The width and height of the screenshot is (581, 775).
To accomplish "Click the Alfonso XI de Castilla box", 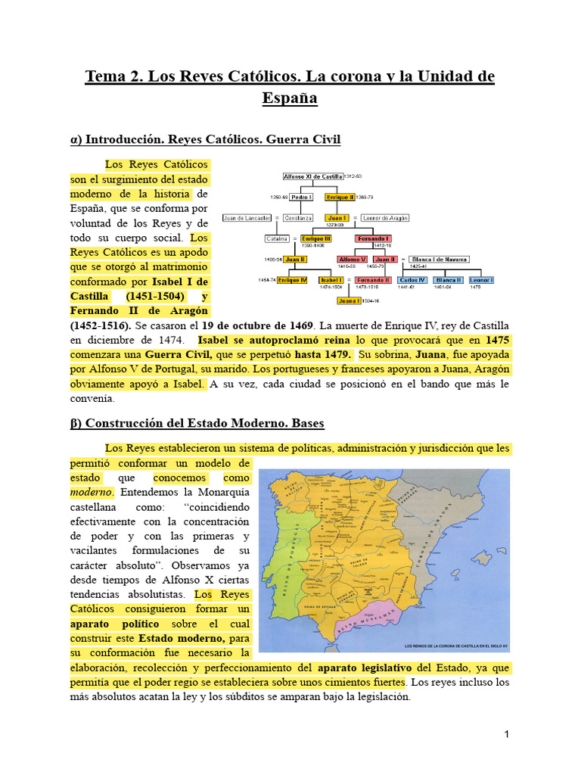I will pos(312,176).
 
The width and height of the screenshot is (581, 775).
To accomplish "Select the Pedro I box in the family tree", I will pos(302,197).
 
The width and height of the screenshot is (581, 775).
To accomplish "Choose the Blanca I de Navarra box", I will pos(439,259).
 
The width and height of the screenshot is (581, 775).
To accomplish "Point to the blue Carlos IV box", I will pos(412,280).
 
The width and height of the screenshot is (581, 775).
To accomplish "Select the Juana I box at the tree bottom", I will pos(350,300).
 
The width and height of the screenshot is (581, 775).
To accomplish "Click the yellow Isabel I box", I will pos(332,280).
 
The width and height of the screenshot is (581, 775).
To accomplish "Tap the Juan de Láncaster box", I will pos(247,218).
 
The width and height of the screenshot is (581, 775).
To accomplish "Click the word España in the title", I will pos(290,98).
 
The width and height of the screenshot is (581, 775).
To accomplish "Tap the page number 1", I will pos(506,734).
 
